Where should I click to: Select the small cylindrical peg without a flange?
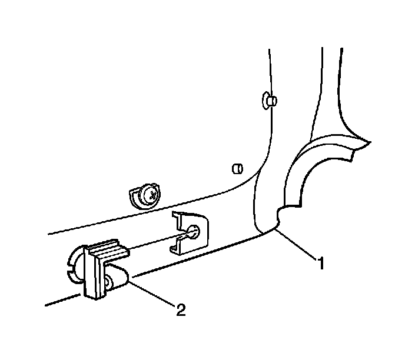tap(237, 169)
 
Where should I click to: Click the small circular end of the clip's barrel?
tap(109, 285)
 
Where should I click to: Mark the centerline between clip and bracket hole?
tap(159, 240)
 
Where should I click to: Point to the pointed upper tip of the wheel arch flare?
tap(368, 143)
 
